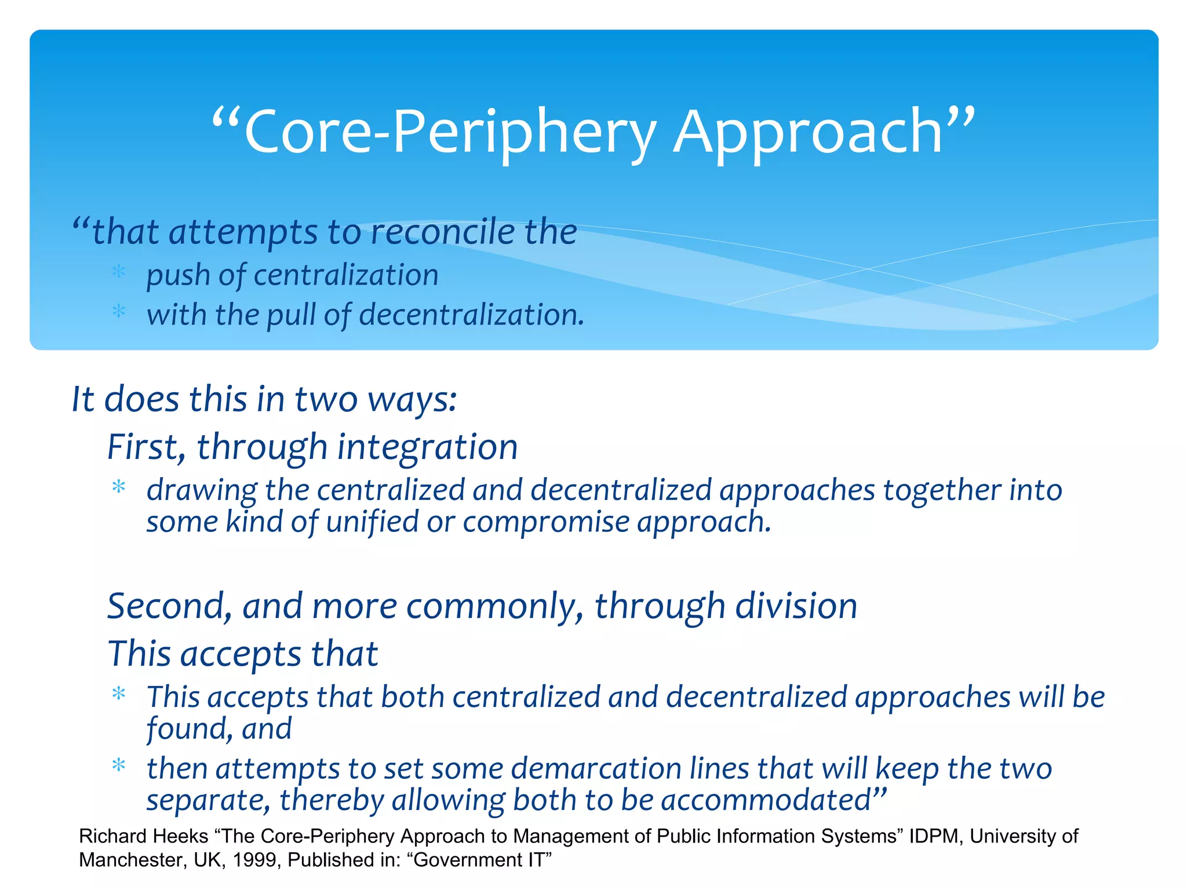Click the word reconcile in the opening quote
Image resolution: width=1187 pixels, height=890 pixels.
(x=442, y=232)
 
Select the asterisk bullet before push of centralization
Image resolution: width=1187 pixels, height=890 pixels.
(x=119, y=272)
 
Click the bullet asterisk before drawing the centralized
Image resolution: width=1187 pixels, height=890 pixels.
(x=119, y=487)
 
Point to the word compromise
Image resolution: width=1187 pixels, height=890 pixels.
(x=545, y=522)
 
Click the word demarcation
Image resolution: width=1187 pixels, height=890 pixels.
(x=596, y=769)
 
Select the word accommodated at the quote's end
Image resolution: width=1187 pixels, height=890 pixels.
(x=765, y=801)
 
